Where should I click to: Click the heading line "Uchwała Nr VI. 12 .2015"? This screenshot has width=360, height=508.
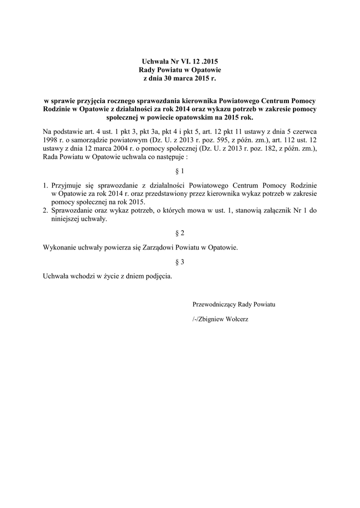[x=180, y=62]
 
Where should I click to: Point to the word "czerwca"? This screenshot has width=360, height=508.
[x=305, y=131]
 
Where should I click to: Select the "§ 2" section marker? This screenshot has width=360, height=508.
[x=180, y=233]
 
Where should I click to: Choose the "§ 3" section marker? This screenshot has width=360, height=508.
[x=180, y=262]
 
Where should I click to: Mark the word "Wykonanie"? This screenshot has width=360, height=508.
[x=60, y=247]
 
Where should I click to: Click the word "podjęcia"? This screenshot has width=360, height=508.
[x=159, y=276]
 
